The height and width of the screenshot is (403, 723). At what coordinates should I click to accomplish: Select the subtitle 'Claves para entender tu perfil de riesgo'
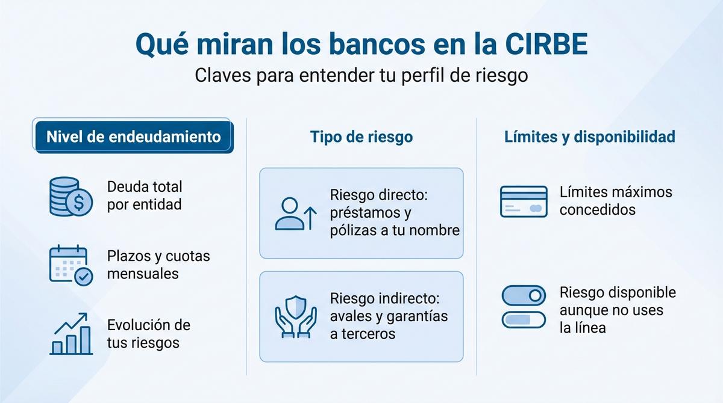click(x=361, y=76)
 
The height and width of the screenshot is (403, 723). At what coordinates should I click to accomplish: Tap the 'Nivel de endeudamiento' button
click(x=134, y=137)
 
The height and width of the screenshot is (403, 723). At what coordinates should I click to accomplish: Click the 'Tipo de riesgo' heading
click(x=361, y=137)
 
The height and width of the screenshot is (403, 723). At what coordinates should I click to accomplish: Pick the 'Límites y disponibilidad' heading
click(x=589, y=137)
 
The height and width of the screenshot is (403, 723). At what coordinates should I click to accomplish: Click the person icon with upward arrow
click(x=295, y=214)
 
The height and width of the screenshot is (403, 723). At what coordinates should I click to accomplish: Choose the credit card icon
click(x=524, y=202)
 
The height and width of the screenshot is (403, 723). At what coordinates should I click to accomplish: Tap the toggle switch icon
click(x=524, y=307)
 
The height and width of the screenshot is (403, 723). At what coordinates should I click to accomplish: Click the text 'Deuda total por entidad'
click(x=145, y=196)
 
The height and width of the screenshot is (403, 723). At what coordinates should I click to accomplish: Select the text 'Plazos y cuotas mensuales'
click(x=158, y=265)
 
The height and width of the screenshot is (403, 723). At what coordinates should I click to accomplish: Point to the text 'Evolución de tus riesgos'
click(x=148, y=334)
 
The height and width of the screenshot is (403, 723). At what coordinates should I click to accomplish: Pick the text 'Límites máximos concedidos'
click(x=615, y=201)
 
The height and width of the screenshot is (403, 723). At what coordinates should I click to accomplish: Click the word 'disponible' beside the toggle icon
click(x=642, y=292)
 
